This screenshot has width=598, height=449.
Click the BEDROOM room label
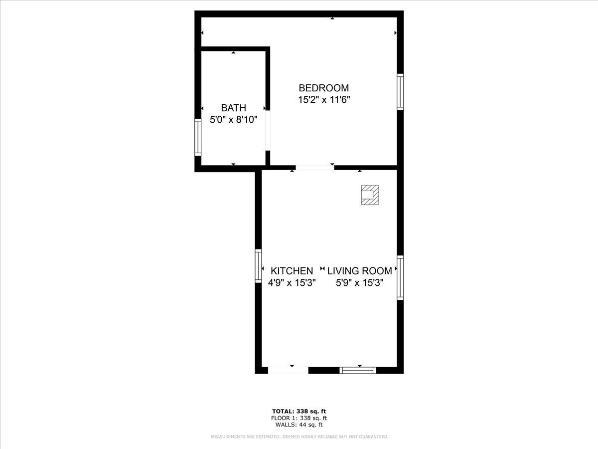[x=323, y=88]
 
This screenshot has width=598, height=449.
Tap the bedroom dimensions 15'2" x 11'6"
[x=323, y=99]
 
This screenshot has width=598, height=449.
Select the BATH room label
[x=233, y=108]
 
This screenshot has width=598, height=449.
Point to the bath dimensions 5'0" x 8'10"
[x=233, y=120]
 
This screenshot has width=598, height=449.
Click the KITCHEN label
[x=292, y=271]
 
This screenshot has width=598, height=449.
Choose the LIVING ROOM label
[x=359, y=271]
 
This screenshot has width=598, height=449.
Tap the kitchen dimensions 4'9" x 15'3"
[x=292, y=283]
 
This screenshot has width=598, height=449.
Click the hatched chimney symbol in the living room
[x=370, y=195]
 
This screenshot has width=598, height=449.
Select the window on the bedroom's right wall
[x=400, y=92]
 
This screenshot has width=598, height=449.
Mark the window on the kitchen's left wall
[x=258, y=266]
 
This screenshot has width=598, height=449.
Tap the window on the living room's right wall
[x=400, y=277]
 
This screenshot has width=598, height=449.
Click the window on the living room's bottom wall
[x=358, y=370]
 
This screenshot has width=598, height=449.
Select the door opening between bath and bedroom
[x=268, y=130]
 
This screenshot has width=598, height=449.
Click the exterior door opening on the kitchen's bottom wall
[x=288, y=370]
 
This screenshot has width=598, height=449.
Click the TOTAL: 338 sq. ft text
[x=299, y=411]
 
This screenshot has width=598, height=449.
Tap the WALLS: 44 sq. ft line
[x=299, y=425]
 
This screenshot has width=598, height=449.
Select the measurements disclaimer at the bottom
[x=299, y=437]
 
